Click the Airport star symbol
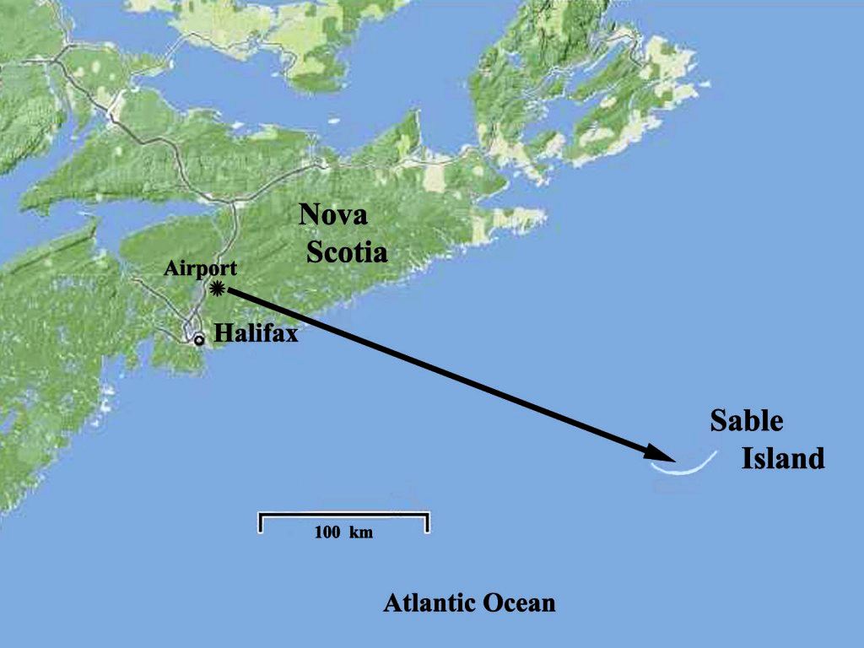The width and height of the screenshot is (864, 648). (x=219, y=289)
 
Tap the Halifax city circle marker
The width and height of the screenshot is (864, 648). (x=199, y=340)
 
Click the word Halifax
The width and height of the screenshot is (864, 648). (x=256, y=333)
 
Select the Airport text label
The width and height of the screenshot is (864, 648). (x=201, y=268)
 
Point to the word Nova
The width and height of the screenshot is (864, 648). (x=333, y=215)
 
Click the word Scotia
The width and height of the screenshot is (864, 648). (x=347, y=251)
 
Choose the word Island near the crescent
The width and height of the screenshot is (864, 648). (x=782, y=459)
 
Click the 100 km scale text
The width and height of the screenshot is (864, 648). (x=343, y=532)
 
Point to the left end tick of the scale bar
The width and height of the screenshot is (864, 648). (x=260, y=522)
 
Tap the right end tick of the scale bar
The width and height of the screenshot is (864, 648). (x=428, y=522)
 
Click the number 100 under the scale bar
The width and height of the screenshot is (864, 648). (x=327, y=532)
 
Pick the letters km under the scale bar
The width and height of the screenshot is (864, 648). (x=361, y=532)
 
